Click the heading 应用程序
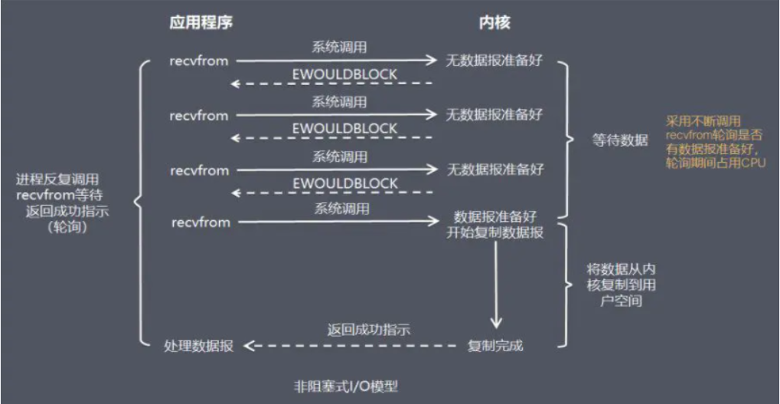201,23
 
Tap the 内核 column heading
490,23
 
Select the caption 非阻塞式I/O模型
348,386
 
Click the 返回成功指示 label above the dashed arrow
357,331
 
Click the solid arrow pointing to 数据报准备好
337,223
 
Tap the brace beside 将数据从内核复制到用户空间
567,284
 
